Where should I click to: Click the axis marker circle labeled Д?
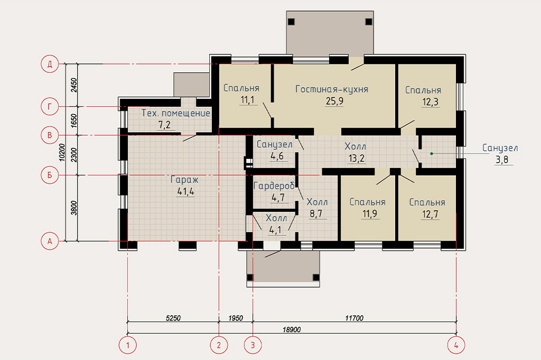(x=50, y=64)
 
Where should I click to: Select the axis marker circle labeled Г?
(x=50, y=107)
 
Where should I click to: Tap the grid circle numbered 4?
(x=456, y=345)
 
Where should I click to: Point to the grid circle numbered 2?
(x=219, y=345)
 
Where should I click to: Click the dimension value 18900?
(x=292, y=330)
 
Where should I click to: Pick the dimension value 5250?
(x=173, y=318)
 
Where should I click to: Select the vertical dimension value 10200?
(x=62, y=152)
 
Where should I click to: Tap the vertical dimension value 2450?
(x=74, y=85)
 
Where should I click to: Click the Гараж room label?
(x=184, y=179)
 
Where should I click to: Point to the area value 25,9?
(x=334, y=101)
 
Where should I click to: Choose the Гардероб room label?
(x=274, y=186)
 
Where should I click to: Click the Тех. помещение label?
(x=175, y=113)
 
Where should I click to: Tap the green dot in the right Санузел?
(x=431, y=154)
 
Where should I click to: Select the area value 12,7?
(x=430, y=214)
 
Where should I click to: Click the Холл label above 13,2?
(x=356, y=147)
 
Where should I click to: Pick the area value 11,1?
(x=247, y=100)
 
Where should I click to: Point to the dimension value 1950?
(x=236, y=318)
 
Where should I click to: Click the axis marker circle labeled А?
(x=50, y=241)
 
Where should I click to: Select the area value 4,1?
(x=275, y=230)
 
